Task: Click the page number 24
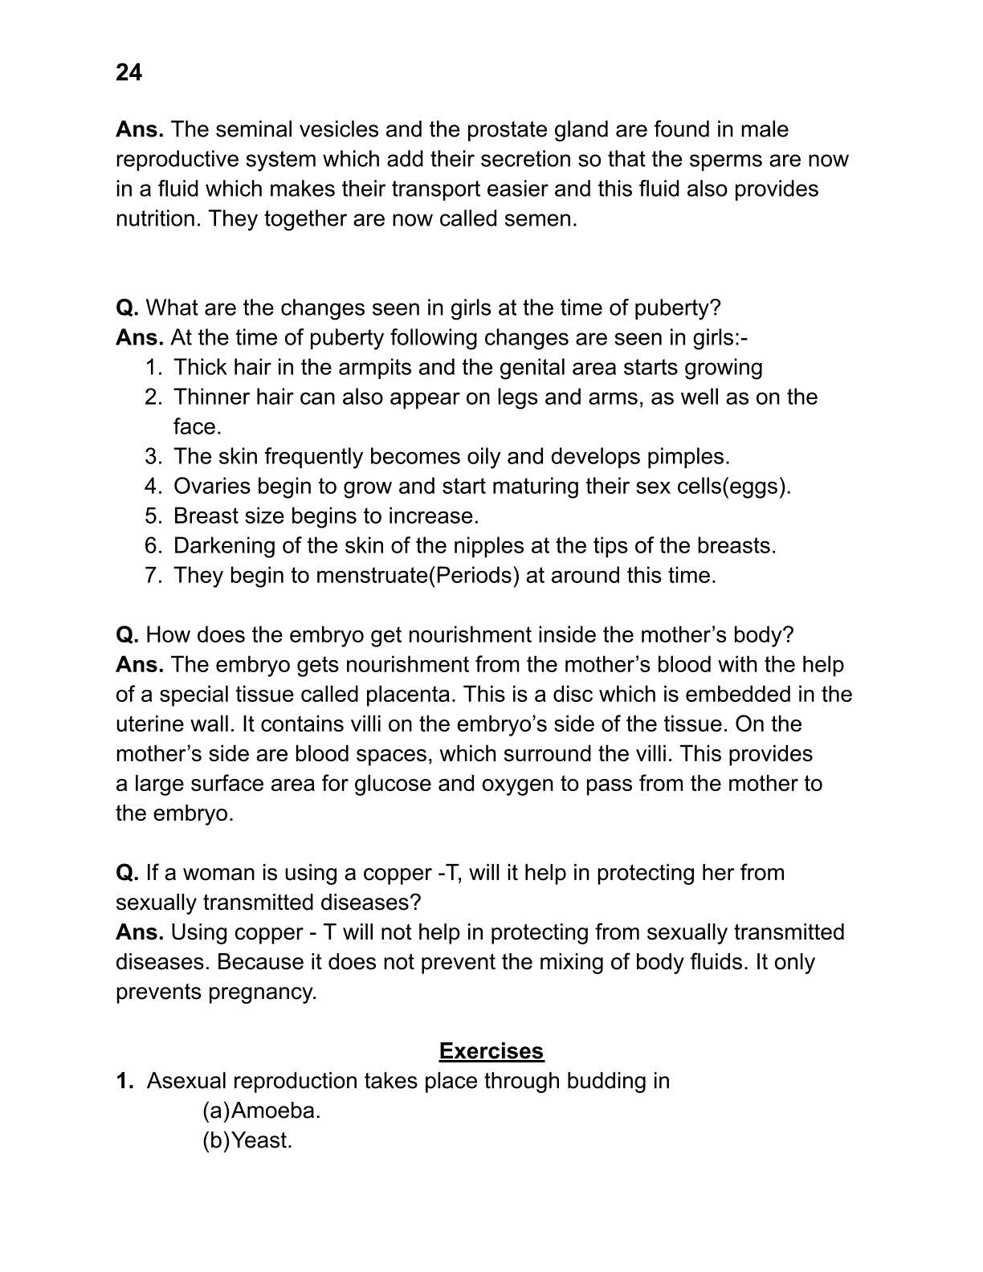(x=128, y=73)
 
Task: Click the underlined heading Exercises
(x=491, y=1051)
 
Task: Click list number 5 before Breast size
(x=153, y=516)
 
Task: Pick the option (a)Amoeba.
(x=261, y=1111)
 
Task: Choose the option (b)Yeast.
(x=247, y=1140)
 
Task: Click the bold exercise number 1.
(x=124, y=1081)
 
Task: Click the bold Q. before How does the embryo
(x=127, y=634)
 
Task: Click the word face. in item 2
(x=197, y=426)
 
